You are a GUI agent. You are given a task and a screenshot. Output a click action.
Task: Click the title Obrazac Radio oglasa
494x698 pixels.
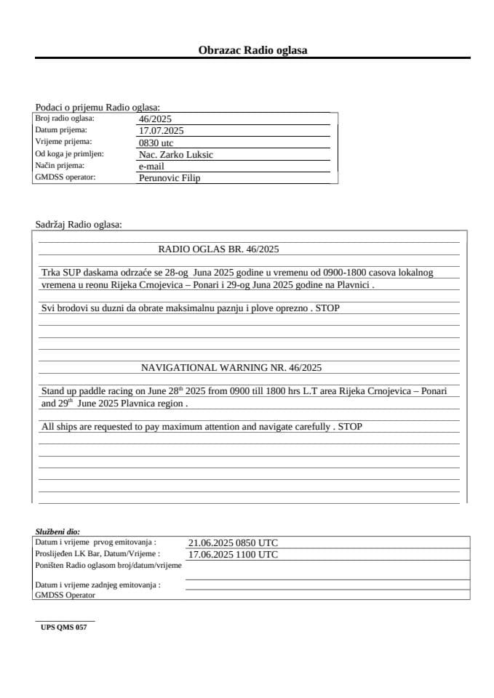pos(252,50)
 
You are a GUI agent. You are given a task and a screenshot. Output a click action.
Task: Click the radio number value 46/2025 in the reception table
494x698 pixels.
pos(155,119)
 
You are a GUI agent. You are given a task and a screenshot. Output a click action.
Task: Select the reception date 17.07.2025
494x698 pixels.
pos(161,131)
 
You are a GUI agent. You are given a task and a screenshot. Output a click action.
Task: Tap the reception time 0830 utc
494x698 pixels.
pos(156,143)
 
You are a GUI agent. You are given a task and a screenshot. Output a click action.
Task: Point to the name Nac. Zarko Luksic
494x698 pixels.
pos(175,155)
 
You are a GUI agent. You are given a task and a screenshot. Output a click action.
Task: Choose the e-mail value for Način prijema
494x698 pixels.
pos(151,167)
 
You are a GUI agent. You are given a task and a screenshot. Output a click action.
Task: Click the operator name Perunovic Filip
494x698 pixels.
pos(169,178)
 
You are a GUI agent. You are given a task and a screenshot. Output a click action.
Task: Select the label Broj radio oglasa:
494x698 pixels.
pos(65,119)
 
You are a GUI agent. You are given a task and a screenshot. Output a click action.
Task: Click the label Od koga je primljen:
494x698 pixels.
pos(69,154)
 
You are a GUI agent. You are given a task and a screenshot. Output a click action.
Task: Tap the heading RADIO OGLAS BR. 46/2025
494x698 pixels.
pos(218,249)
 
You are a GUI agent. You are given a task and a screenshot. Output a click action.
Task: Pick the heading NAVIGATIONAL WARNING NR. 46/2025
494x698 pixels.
pos(231,368)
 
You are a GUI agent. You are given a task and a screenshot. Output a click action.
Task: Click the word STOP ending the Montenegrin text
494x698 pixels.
pos(327,308)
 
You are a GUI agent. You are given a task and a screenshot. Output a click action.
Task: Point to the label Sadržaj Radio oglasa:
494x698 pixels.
pos(79,225)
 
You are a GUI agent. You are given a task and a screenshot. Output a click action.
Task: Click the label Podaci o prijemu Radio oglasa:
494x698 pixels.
pos(97,107)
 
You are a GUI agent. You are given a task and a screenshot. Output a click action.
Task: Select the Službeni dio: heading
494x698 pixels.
pos(57,532)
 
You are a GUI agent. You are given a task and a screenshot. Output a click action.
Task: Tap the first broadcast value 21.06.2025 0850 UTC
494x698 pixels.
pos(233,543)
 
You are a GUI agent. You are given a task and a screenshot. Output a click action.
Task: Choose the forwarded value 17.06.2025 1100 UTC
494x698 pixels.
pos(233,555)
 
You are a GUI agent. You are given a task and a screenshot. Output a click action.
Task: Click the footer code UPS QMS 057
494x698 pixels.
pos(64,627)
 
